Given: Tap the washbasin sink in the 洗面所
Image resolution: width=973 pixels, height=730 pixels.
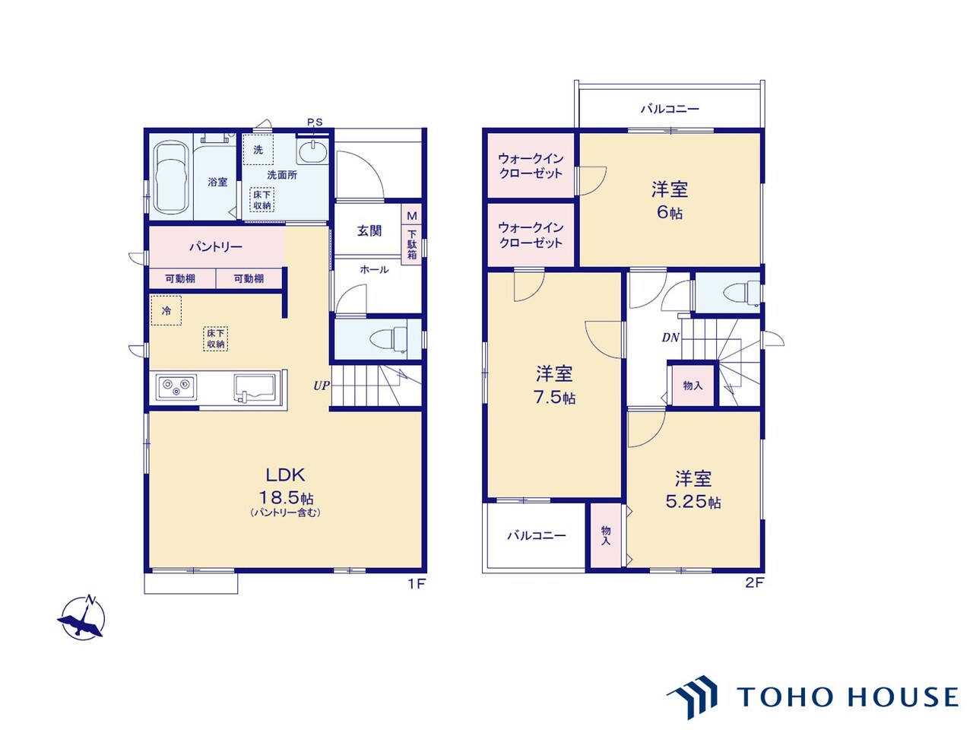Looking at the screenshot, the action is [313, 151].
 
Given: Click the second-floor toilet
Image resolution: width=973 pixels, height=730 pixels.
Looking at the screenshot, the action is [742, 293].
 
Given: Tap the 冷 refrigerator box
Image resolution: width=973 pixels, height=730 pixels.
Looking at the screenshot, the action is [166, 310].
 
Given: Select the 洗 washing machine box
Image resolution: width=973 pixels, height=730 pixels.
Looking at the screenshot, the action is [258, 149].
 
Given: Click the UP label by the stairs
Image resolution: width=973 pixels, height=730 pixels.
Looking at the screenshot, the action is [322, 386].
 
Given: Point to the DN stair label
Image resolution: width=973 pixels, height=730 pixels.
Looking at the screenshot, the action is [670, 338].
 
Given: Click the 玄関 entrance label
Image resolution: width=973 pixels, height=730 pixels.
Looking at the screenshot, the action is [369, 230].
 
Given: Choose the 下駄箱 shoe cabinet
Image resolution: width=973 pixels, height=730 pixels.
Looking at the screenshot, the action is [412, 245].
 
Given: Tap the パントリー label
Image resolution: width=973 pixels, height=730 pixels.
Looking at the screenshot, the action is [216, 246].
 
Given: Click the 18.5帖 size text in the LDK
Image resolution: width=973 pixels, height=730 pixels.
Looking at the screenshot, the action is [286, 497].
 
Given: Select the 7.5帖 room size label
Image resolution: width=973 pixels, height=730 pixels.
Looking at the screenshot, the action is [554, 397].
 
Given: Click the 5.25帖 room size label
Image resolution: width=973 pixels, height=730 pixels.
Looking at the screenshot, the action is [693, 501].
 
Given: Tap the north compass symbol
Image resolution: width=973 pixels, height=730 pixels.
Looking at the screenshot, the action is [82, 617].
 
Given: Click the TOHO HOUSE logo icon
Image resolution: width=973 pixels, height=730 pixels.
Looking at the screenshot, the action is [692, 697].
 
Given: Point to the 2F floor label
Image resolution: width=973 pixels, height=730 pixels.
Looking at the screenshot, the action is [755, 582].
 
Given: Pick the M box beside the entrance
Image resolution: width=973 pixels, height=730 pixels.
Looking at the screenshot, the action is [412, 215].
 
